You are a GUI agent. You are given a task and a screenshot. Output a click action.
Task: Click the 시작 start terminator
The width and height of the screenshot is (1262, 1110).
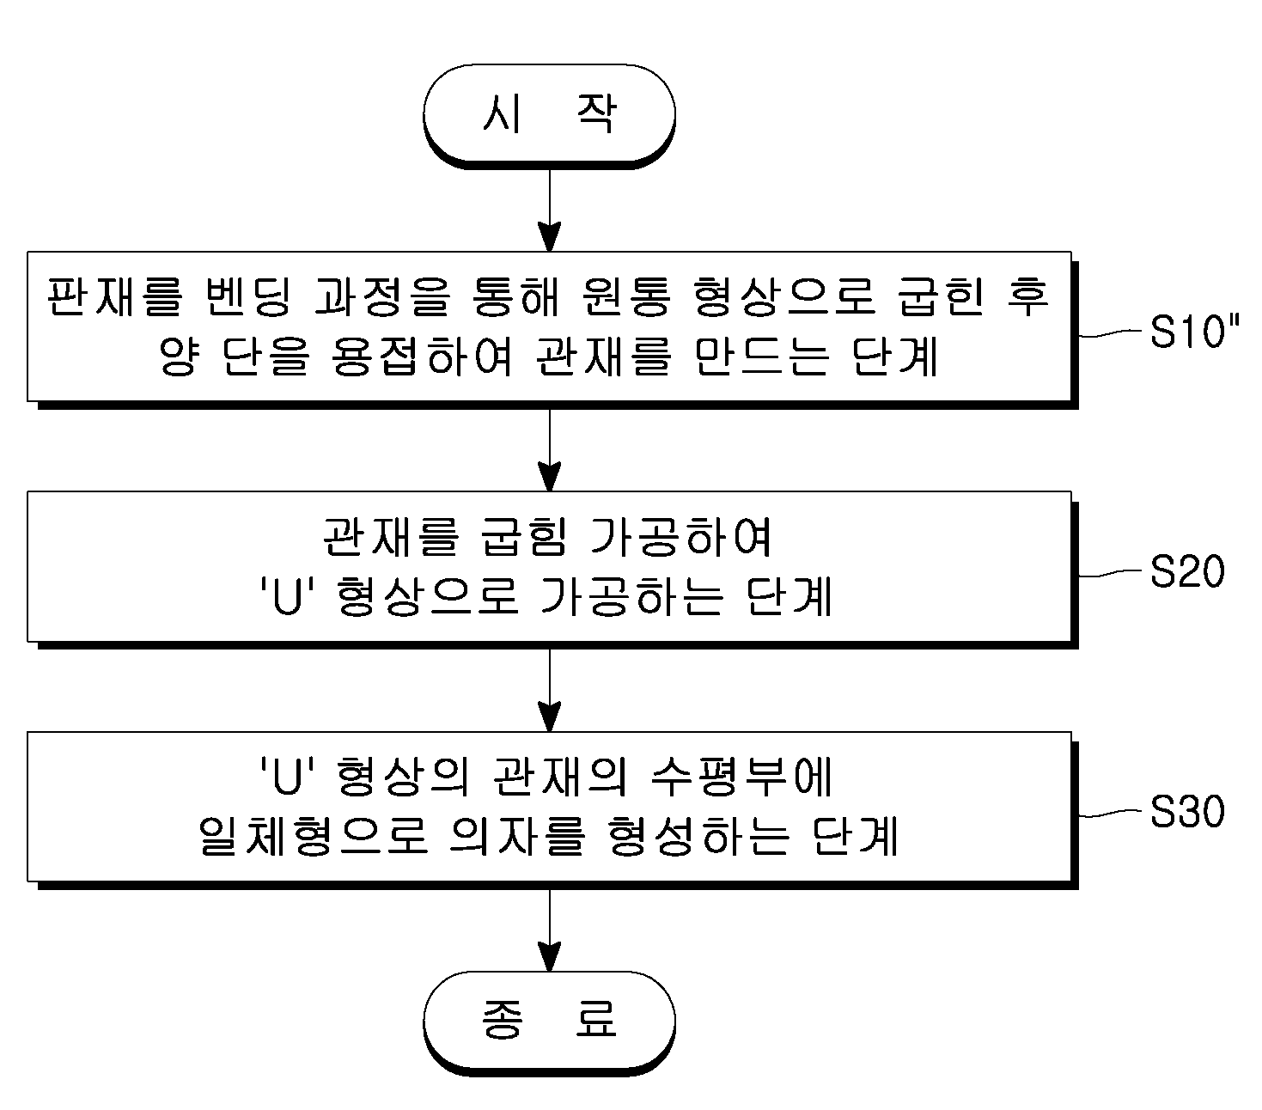point(550,115)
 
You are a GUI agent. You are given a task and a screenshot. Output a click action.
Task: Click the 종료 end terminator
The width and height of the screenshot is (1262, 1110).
point(550,1022)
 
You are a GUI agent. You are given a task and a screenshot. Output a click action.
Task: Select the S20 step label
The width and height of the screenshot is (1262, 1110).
point(1187,570)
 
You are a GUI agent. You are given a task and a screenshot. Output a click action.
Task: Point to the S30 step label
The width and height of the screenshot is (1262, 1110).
point(1187,811)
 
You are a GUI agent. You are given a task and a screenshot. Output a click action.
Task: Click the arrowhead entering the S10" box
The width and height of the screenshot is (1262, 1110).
point(550,237)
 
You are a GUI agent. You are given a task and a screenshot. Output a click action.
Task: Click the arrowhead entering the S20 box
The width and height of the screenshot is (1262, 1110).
point(550,477)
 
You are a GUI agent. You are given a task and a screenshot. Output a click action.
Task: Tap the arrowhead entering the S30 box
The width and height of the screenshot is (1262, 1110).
point(550,717)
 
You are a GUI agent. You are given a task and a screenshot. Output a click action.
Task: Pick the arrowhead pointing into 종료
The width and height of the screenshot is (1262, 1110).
point(550,956)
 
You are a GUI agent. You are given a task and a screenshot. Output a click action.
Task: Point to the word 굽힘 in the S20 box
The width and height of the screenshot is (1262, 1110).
point(524,537)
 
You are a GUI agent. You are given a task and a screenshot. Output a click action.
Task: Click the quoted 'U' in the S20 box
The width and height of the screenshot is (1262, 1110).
point(288,596)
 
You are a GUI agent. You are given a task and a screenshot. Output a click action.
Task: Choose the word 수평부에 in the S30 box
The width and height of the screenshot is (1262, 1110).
point(741,777)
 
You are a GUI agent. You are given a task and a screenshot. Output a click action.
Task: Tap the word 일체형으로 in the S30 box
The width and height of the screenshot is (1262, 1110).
point(314,836)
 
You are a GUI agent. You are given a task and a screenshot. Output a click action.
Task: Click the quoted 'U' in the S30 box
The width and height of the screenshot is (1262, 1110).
point(288,777)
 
